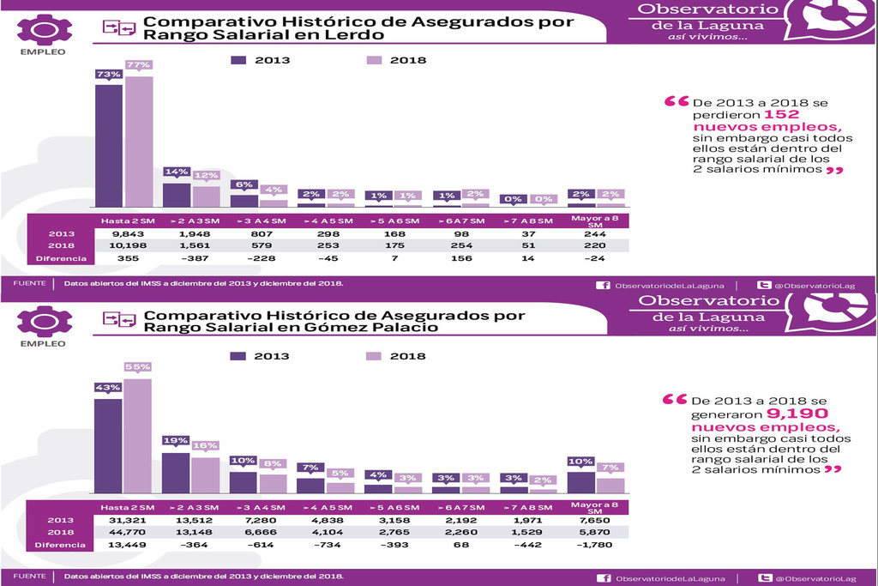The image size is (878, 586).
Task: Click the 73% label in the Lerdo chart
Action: (x=108, y=75)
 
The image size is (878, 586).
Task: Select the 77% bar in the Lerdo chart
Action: (x=139, y=142)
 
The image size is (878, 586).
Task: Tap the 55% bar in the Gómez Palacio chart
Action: (x=138, y=436)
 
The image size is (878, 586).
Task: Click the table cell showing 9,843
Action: (x=126, y=233)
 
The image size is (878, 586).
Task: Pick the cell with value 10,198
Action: (x=126, y=245)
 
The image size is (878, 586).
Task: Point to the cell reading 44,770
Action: (x=126, y=531)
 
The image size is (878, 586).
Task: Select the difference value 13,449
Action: (x=126, y=544)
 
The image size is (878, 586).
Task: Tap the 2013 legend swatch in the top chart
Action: (x=238, y=60)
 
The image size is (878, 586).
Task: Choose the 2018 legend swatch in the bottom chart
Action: (x=374, y=356)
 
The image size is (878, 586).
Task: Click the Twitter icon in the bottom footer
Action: (x=762, y=577)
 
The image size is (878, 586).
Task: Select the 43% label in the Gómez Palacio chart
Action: (x=108, y=388)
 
